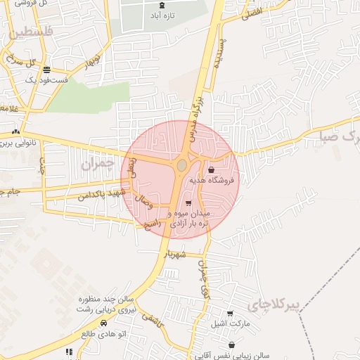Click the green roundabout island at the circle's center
(x=181, y=165)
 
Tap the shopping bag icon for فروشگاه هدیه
(x=212, y=169)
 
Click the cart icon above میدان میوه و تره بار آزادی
(x=188, y=202)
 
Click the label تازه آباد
(x=164, y=15)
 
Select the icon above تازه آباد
(x=163, y=5)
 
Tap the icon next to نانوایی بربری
(x=15, y=131)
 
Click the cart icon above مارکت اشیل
(x=230, y=314)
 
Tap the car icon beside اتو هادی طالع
(x=104, y=323)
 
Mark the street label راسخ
(x=153, y=224)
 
